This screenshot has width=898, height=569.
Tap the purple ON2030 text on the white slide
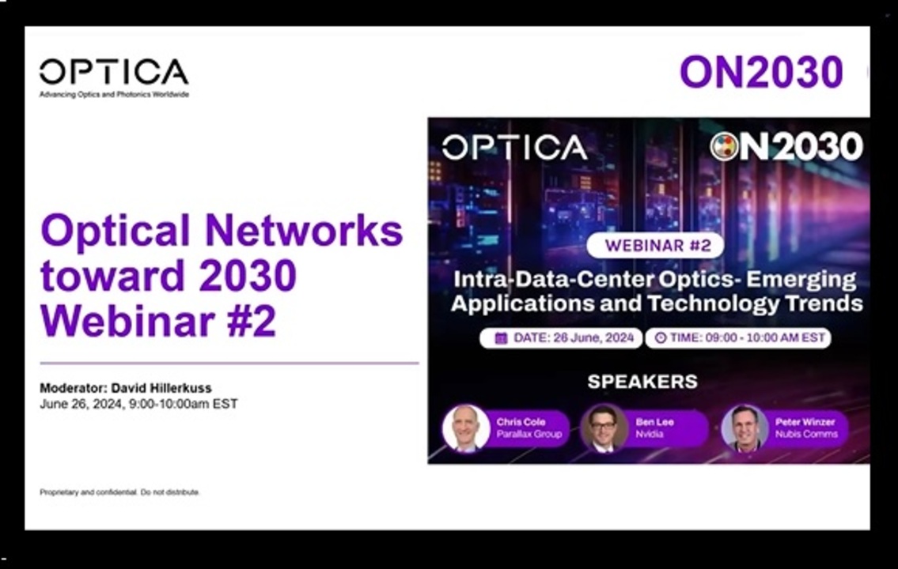click(x=761, y=72)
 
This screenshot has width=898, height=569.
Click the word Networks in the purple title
click(x=304, y=231)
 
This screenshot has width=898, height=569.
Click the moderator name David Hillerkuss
click(x=161, y=388)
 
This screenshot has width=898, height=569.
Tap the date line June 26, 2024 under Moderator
click(x=138, y=404)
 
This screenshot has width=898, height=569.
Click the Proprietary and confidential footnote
click(x=119, y=492)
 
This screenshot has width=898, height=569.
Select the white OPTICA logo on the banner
click(x=514, y=147)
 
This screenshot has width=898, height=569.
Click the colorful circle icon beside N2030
click(x=725, y=147)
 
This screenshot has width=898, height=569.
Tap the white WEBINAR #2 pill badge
click(x=655, y=246)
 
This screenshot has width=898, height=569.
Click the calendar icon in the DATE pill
click(x=501, y=338)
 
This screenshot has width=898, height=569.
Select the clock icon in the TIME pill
click(x=661, y=338)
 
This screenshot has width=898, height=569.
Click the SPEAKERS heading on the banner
click(x=642, y=382)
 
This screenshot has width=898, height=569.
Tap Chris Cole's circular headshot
click(x=465, y=428)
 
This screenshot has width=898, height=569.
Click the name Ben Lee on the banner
click(x=654, y=422)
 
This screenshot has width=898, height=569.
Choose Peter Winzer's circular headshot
click(x=745, y=428)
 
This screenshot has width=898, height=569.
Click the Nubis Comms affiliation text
click(x=805, y=434)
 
